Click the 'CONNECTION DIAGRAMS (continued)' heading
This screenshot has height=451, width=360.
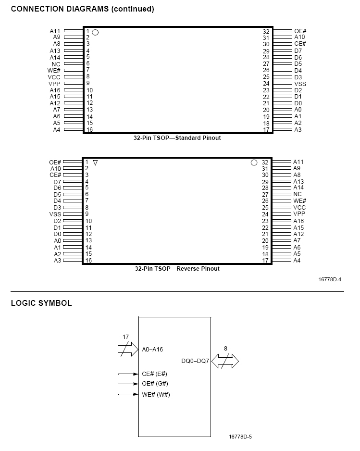point(82,9)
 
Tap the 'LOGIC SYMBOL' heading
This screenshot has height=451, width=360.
point(41,303)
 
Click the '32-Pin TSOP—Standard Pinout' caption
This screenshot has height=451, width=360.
point(177,138)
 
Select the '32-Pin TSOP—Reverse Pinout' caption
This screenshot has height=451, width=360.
point(177,269)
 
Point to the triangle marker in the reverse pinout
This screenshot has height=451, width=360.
point(95,163)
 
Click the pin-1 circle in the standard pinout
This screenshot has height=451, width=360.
point(95,32)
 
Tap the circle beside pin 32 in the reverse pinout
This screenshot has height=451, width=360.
point(254,163)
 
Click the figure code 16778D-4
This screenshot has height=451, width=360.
point(329,279)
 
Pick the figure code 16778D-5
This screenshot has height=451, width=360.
point(240,437)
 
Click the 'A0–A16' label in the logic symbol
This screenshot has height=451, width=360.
point(152,350)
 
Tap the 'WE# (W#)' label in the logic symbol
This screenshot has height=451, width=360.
point(156,395)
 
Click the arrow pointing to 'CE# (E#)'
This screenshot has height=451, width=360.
point(128,374)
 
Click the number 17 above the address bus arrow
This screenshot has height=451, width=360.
point(125,338)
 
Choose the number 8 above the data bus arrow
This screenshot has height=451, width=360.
point(225,348)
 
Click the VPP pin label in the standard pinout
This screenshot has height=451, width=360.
point(54,84)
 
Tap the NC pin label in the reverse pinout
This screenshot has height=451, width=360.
point(298,195)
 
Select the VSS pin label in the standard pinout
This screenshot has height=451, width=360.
point(300,84)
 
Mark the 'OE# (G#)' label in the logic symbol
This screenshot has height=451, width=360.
point(155,384)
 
